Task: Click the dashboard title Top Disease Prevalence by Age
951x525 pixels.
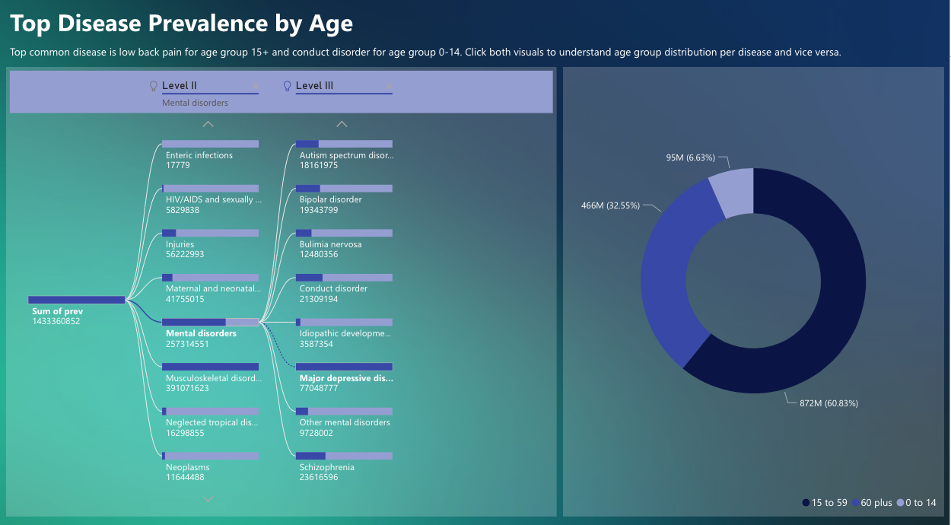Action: (181, 24)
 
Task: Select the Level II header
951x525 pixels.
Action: (180, 86)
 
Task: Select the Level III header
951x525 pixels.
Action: (314, 86)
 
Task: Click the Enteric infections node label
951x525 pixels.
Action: (199, 155)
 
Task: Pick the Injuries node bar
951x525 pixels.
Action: (210, 233)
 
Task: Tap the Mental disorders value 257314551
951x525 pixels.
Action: (187, 344)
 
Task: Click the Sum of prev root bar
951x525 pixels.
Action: (76, 300)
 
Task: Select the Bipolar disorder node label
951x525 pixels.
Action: (330, 199)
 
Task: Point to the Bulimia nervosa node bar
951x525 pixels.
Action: (344, 233)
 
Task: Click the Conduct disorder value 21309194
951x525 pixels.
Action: (319, 299)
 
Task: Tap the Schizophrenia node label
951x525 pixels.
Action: (326, 467)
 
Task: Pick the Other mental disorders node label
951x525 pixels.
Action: (345, 422)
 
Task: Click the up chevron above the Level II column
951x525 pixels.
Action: (208, 124)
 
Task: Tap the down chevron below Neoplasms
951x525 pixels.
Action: (208, 499)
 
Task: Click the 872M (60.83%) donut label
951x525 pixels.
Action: (829, 403)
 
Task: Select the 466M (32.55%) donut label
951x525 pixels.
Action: (610, 205)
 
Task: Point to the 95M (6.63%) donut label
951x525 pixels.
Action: (690, 157)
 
